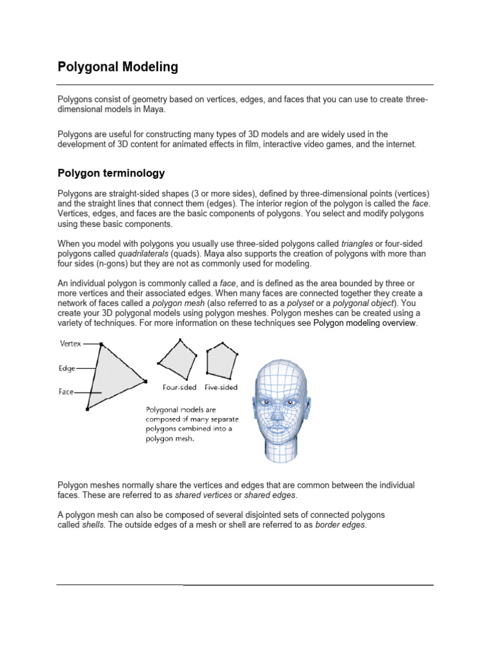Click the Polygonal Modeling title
coord(117,66)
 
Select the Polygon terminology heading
coord(111,173)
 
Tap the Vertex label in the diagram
coord(70,343)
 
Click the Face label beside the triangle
coord(66,392)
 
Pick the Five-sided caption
coord(221,387)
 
